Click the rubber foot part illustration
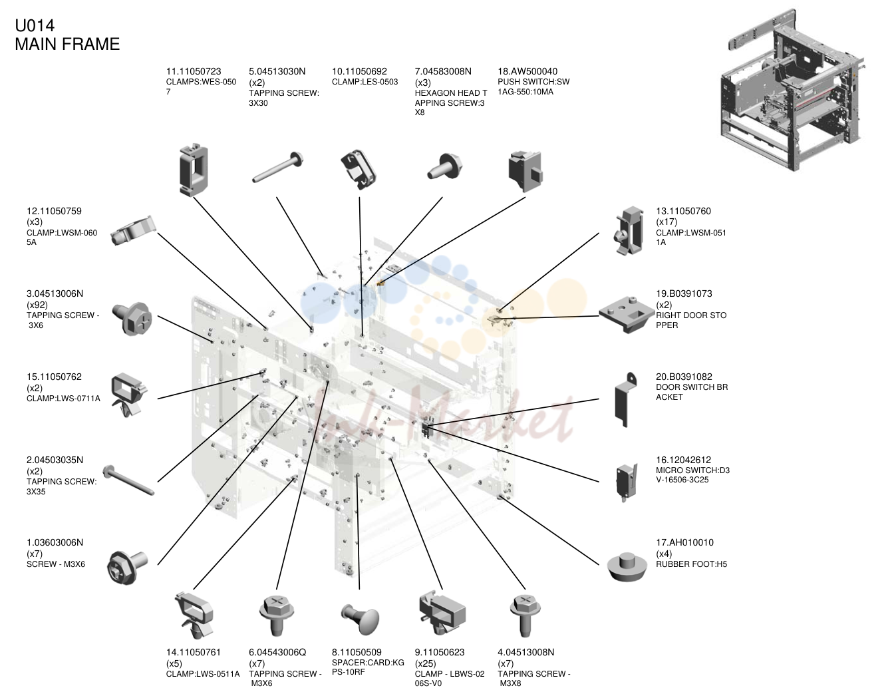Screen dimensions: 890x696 point(627,567)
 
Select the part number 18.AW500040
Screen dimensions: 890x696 point(527,71)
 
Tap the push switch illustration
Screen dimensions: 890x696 point(525,171)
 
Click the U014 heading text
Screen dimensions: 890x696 point(35,25)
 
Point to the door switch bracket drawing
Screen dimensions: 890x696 point(625,399)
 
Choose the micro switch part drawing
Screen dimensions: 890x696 point(626,482)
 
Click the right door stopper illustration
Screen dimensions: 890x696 point(627,315)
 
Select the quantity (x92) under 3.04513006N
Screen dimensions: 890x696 point(37,305)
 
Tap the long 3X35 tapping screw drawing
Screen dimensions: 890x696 point(128,480)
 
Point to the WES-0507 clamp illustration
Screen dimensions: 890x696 point(194,170)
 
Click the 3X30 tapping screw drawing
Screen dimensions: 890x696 point(277,167)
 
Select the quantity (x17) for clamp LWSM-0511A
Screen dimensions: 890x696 point(667,222)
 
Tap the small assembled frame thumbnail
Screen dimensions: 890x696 point(794,90)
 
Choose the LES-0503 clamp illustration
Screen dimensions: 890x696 point(359,169)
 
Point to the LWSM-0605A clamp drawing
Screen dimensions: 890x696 point(134,231)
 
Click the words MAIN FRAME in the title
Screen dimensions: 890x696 point(68,44)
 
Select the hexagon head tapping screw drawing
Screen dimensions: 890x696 point(445,166)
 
